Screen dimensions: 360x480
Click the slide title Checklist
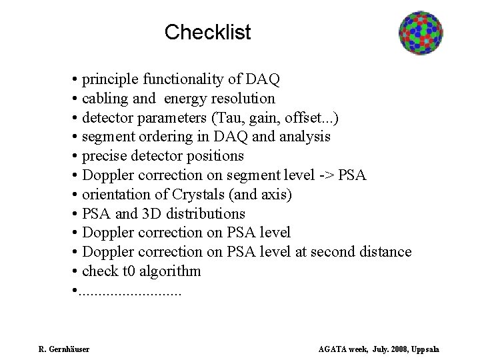tap(207, 31)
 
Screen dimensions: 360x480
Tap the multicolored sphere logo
tap(421, 33)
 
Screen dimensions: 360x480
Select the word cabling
tap(105, 99)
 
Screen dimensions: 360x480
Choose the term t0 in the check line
tap(127, 271)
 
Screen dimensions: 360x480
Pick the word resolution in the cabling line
tap(243, 99)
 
